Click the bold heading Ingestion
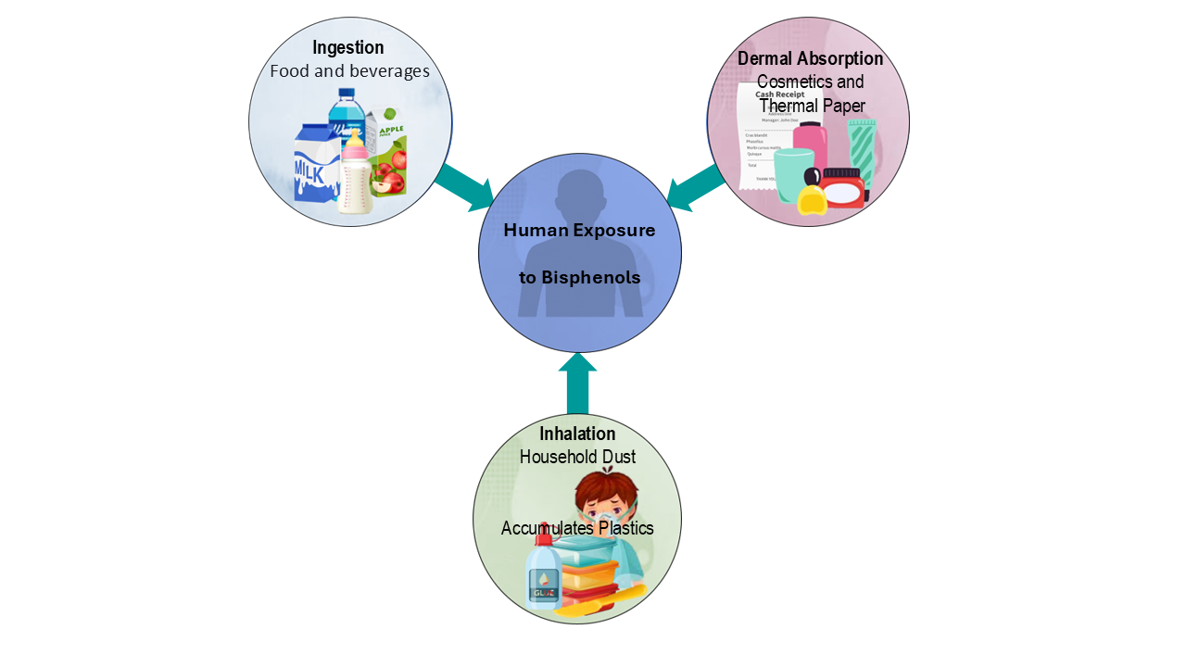point(347,47)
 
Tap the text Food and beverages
point(349,70)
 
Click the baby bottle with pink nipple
point(355,176)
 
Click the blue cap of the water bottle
point(347,94)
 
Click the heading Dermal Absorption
point(810,58)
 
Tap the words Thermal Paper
point(812,106)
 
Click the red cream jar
point(842,187)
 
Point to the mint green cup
point(792,173)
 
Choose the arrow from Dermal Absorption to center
point(697,188)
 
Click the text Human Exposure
point(579,230)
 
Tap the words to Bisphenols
point(579,278)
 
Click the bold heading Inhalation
point(577,434)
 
